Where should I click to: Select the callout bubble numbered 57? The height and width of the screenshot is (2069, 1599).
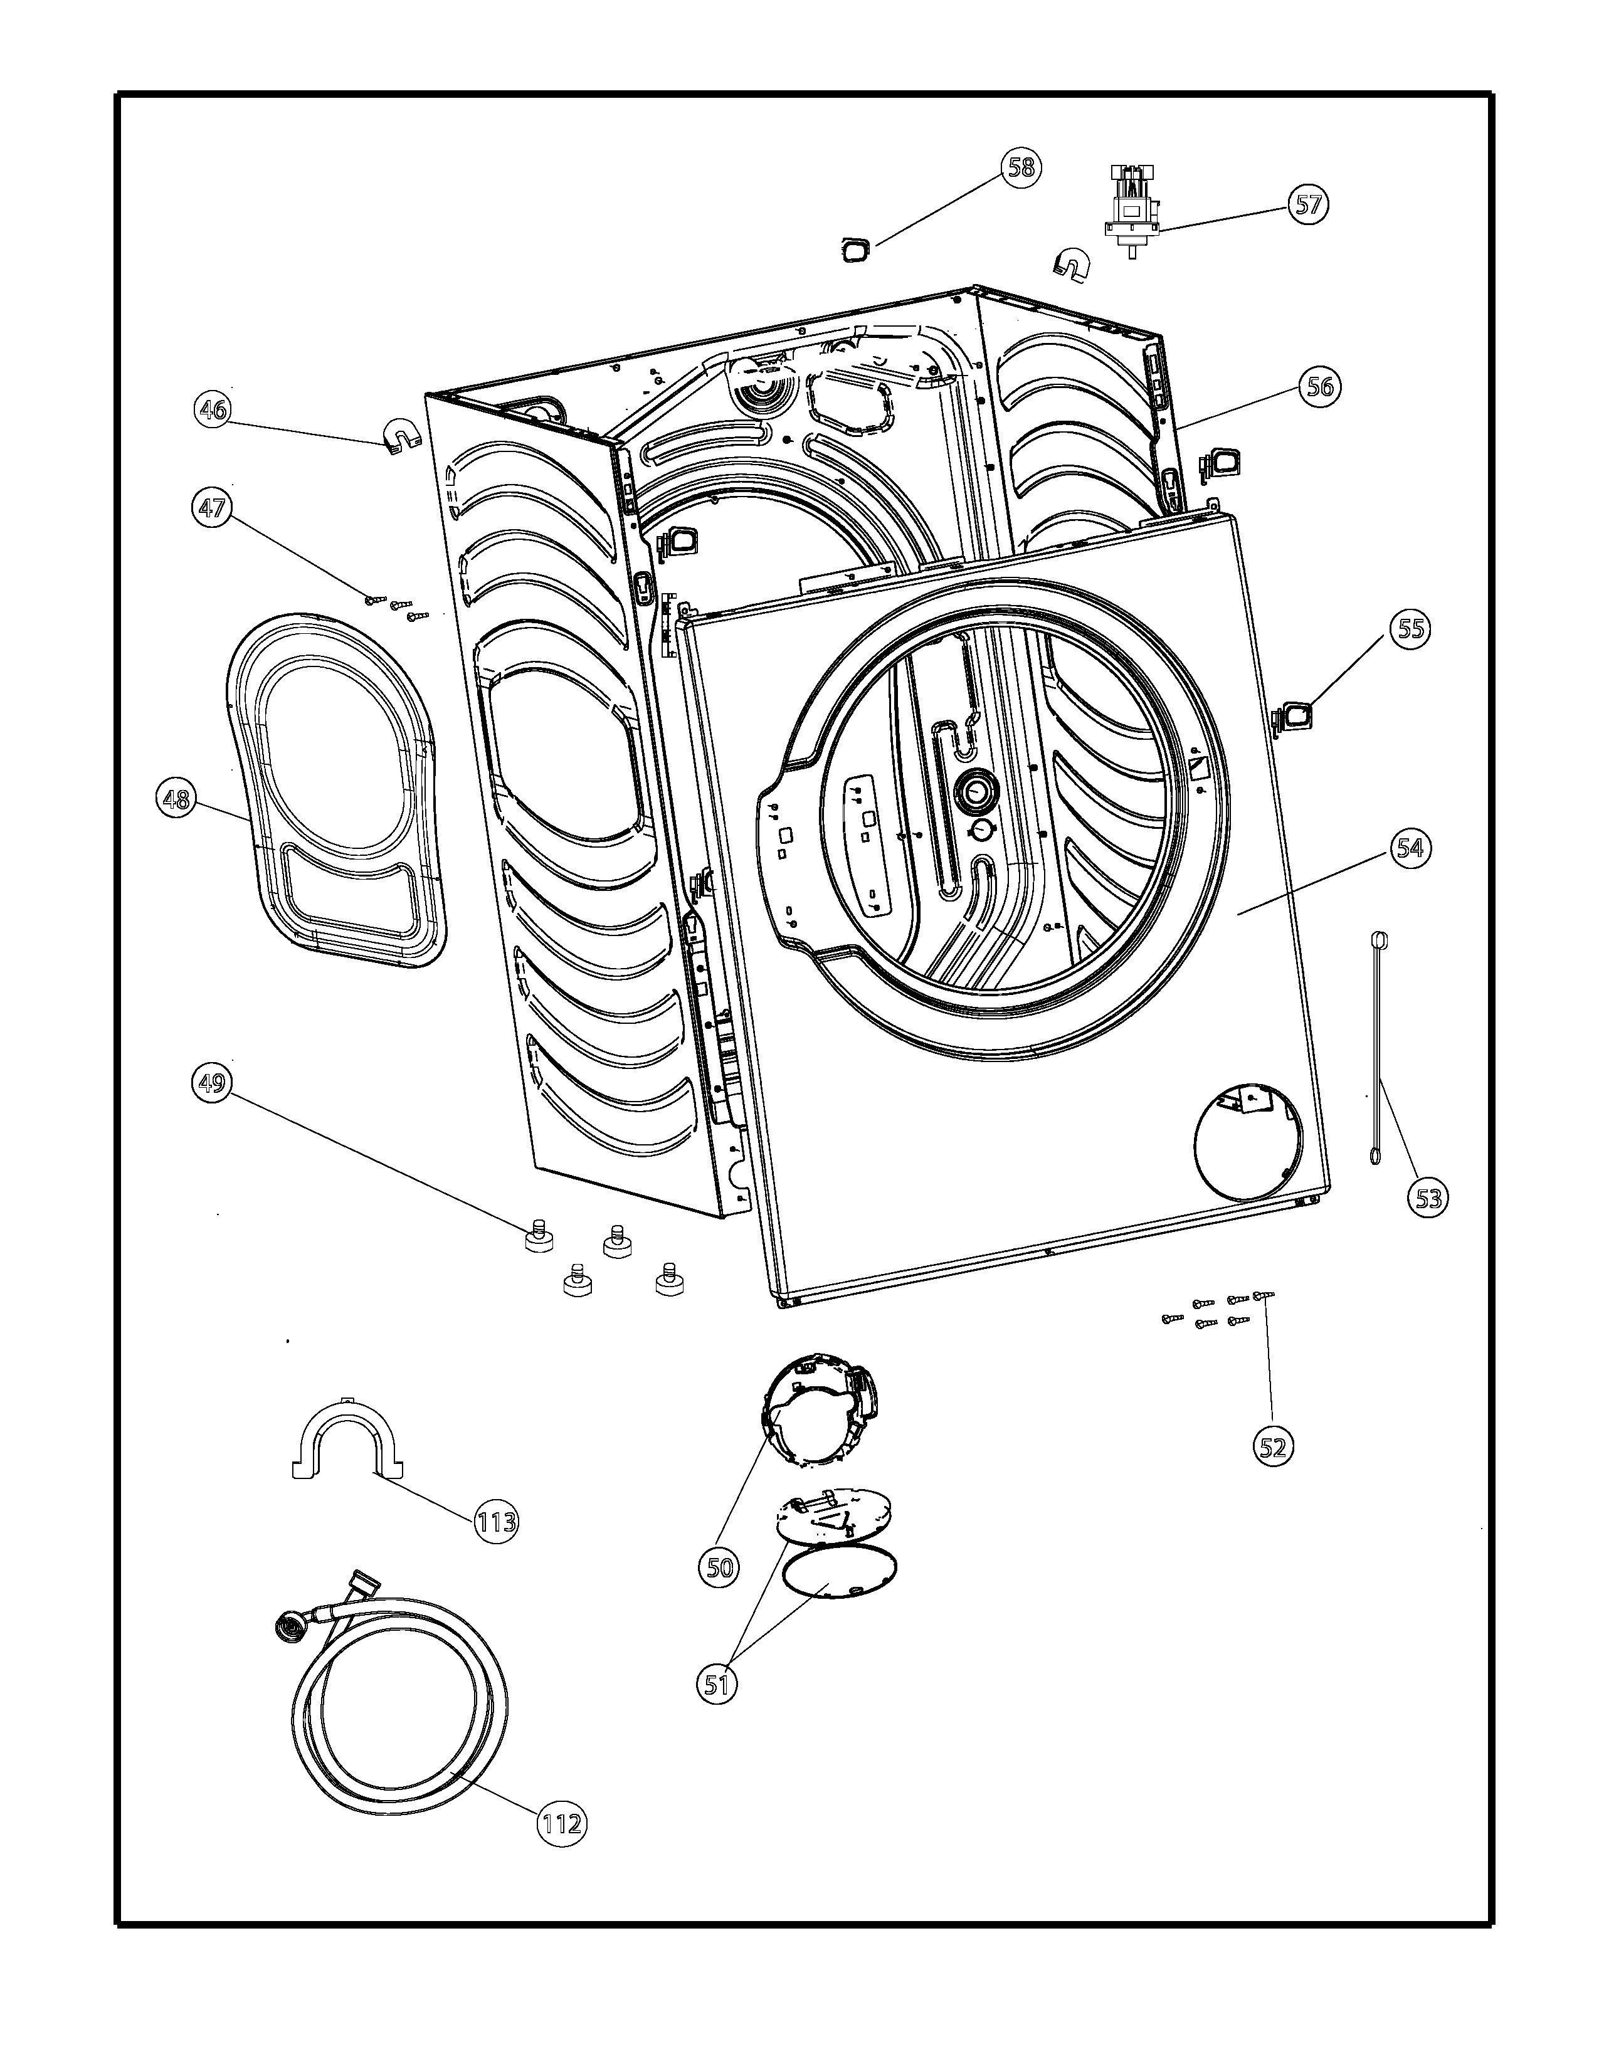tap(1308, 204)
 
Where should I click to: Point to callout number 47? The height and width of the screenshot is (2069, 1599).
tap(211, 508)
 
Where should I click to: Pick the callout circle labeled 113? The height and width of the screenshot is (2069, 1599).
tap(497, 1522)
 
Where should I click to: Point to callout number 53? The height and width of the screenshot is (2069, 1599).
tap(1428, 1198)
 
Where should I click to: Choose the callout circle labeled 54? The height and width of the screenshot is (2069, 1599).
tap(1410, 847)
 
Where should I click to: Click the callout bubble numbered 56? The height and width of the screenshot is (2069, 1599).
tap(1321, 386)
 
